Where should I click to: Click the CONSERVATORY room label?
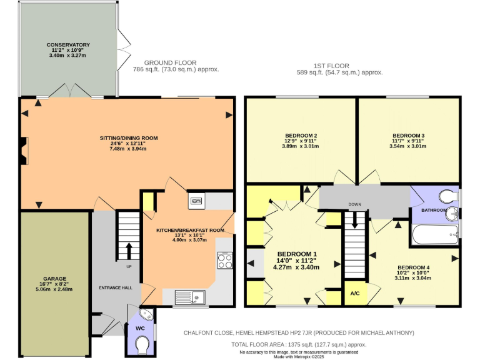(68, 45)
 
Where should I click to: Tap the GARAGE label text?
(55, 278)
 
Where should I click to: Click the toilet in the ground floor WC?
(142, 344)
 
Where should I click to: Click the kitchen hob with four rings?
(225, 261)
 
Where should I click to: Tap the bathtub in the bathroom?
(436, 236)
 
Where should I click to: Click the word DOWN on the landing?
(355, 204)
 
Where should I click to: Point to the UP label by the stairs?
(129, 266)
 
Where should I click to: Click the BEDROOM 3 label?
(409, 135)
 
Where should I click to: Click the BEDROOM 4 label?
(414, 266)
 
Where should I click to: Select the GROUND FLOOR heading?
(171, 63)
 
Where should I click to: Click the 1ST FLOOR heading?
(331, 66)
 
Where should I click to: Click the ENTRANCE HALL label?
(116, 287)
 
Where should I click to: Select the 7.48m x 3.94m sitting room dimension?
(129, 150)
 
